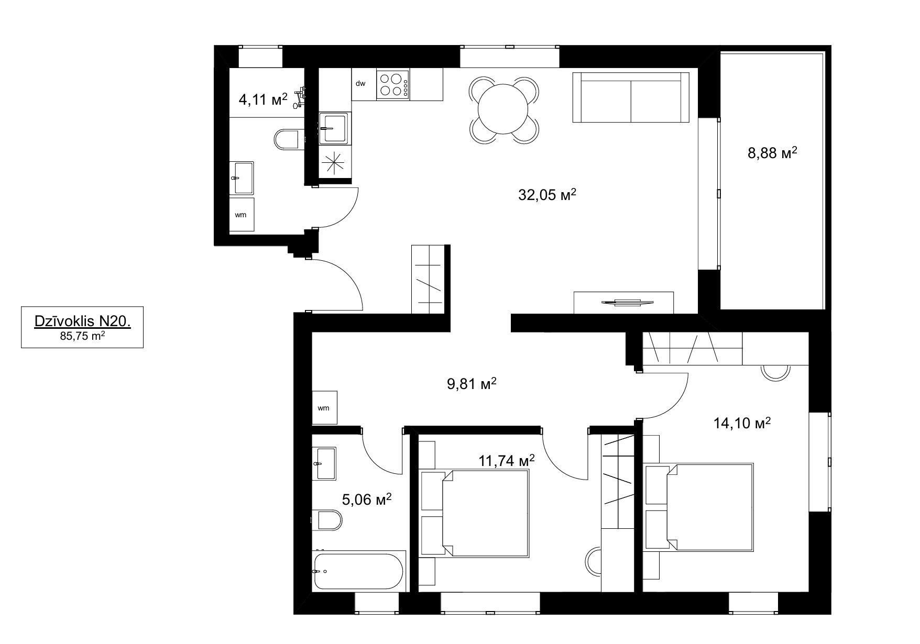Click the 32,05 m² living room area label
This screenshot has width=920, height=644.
tap(547, 195)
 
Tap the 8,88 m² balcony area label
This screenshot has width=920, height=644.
tap(772, 153)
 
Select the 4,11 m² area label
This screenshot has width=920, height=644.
tap(263, 99)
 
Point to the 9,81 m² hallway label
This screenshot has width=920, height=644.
tap(472, 384)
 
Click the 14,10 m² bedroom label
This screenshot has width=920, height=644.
tap(742, 423)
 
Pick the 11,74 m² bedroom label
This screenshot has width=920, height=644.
tap(507, 460)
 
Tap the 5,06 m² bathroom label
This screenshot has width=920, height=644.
tap(367, 499)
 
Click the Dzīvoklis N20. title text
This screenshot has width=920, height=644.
tap(82, 321)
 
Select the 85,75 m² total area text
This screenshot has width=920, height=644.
tap(82, 337)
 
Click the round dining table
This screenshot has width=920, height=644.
tap(503, 110)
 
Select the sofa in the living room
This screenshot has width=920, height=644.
tap(631, 97)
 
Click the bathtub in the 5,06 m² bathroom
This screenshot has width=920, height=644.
tap(359, 571)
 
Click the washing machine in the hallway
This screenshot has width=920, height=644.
tap(325, 407)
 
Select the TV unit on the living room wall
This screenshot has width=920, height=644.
tap(624, 302)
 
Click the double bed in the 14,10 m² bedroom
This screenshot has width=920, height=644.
tap(699, 507)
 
